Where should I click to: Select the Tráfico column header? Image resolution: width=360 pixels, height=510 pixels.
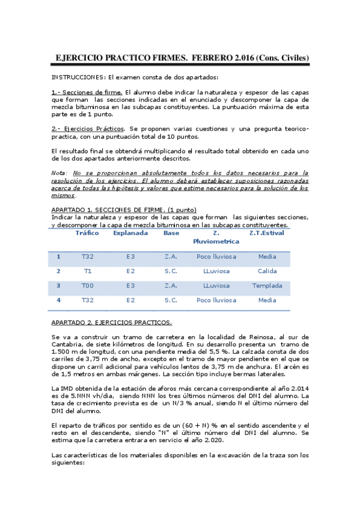click(87, 233)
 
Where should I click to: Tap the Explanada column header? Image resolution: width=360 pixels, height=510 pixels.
click(130, 233)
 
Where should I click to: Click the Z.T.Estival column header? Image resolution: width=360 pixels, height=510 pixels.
click(267, 233)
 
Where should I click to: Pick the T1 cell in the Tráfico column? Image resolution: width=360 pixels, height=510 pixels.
click(87, 271)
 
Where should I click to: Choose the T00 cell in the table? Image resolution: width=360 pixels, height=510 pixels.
click(87, 286)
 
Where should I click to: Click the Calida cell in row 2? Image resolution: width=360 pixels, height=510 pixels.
click(267, 271)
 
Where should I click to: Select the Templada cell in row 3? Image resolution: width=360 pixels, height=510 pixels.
click(267, 286)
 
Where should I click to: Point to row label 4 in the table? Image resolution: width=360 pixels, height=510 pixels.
click(58, 300)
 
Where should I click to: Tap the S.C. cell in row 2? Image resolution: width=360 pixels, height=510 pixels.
click(171, 271)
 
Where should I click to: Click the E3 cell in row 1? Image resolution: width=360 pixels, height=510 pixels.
click(130, 257)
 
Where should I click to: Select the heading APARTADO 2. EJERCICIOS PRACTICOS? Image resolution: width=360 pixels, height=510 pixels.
click(112, 322)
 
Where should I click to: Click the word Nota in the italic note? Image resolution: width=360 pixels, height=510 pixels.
click(59, 173)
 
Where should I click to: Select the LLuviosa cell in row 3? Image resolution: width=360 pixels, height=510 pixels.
click(216, 286)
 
